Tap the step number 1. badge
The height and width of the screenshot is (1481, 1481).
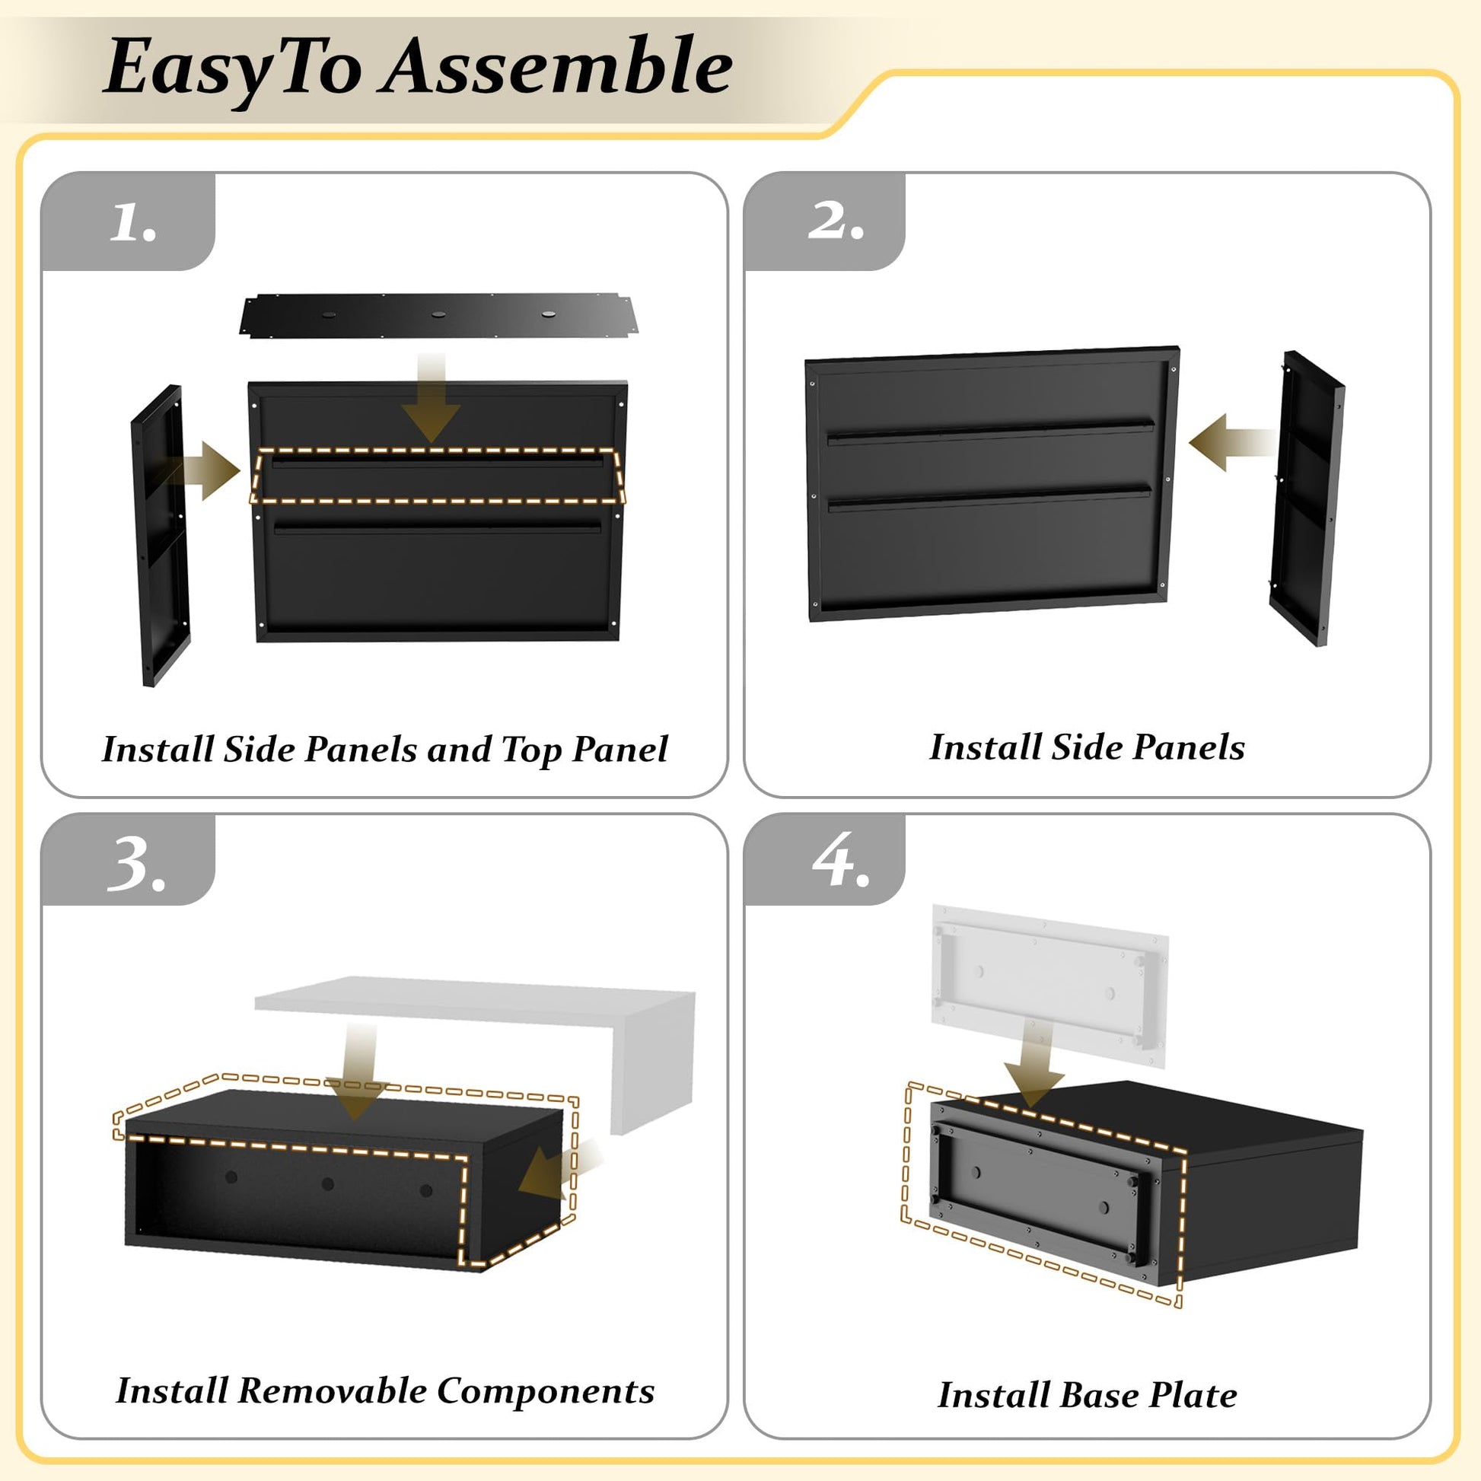tap(128, 221)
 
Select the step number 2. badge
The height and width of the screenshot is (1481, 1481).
tap(825, 221)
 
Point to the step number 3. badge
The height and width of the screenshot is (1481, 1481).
tap(128, 860)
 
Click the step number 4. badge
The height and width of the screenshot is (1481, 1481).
tap(825, 860)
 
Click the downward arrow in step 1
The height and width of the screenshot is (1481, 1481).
tap(432, 399)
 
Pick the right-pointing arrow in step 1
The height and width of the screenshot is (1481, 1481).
tap(201, 470)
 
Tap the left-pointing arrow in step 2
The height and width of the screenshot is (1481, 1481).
tap(1232, 442)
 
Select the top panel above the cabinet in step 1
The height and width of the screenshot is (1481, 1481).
tap(439, 316)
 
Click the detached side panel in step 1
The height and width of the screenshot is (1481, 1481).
tap(161, 535)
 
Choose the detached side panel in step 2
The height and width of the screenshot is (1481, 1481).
tap(1306, 498)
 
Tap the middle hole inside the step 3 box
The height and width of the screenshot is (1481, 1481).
tap(328, 1184)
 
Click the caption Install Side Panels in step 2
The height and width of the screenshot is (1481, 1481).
tap(1087, 747)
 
